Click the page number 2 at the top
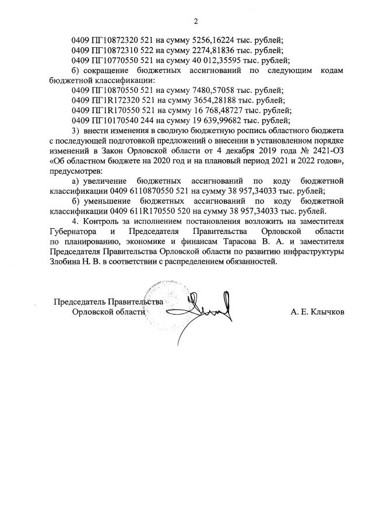click(x=196, y=22)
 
